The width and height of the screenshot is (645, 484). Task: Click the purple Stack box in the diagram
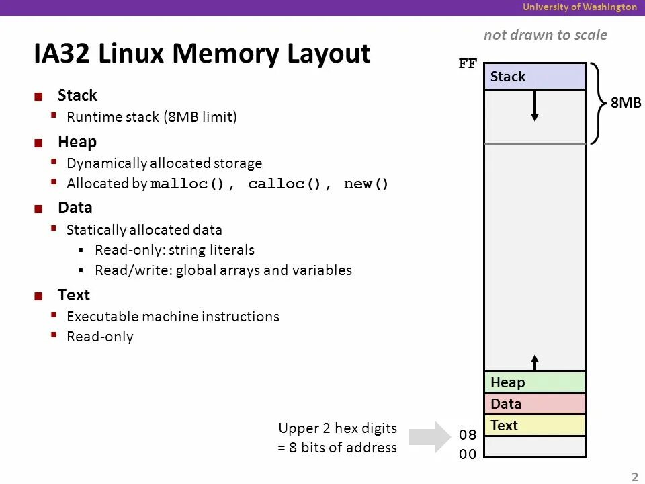pyautogui.click(x=535, y=77)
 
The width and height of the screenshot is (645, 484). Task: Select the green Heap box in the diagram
pyautogui.click(x=535, y=382)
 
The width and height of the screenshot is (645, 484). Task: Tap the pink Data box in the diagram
pyautogui.click(x=535, y=404)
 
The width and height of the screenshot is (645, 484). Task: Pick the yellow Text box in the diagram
pyautogui.click(x=535, y=426)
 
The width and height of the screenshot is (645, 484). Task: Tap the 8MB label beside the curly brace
pyautogui.click(x=626, y=103)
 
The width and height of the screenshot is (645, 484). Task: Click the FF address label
pyautogui.click(x=468, y=65)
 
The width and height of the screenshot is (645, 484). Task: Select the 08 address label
pyautogui.click(x=468, y=435)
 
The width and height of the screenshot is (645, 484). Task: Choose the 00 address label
pyautogui.click(x=468, y=454)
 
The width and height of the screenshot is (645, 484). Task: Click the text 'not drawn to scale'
pyautogui.click(x=545, y=35)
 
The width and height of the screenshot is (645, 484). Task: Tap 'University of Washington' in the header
pyautogui.click(x=580, y=7)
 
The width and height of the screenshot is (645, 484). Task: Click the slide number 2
pyautogui.click(x=634, y=477)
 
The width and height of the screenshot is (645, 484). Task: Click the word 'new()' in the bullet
pyautogui.click(x=366, y=184)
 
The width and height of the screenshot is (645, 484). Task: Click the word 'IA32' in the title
pyautogui.click(x=63, y=54)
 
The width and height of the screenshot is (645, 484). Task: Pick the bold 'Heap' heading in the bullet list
pyautogui.click(x=77, y=142)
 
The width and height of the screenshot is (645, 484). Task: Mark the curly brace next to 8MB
pyautogui.click(x=597, y=103)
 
